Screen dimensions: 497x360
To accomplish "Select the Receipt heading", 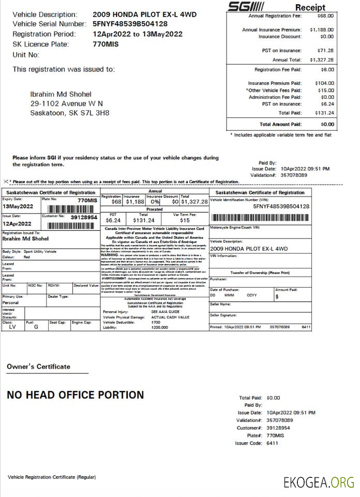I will (x=310, y=7).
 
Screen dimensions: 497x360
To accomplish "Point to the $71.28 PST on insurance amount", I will (x=325, y=51).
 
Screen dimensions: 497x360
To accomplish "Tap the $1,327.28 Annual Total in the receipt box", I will (x=322, y=60).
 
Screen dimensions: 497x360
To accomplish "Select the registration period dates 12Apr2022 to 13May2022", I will (x=138, y=34).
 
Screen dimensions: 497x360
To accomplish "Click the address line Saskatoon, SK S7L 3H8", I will (x=70, y=113).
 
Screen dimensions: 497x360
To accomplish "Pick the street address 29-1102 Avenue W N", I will (x=67, y=103).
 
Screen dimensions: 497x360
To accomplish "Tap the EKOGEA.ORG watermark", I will (x=319, y=483).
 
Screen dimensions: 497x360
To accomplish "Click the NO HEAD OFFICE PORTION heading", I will (x=76, y=395).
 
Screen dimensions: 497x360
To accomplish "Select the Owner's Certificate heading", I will (x=38, y=367).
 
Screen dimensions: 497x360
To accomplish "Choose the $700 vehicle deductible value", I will (x=156, y=322).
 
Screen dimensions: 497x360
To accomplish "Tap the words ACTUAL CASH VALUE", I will (x=170, y=317).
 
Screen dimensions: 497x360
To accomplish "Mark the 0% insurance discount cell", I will (x=154, y=202).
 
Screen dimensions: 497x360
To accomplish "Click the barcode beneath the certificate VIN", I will (x=260, y=218).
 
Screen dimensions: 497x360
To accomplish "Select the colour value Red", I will (x=27, y=257).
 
